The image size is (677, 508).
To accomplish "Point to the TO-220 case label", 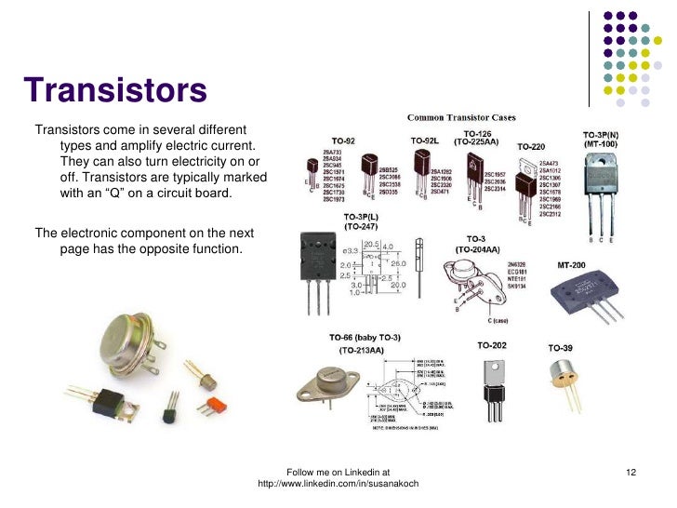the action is coord(531,147).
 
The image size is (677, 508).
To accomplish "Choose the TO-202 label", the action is coord(492,345).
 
